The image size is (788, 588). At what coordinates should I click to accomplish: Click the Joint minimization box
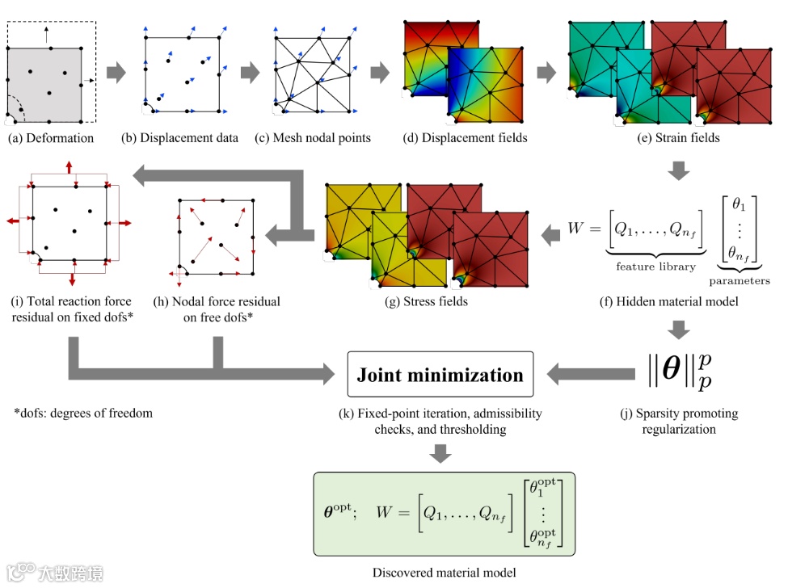click(x=440, y=374)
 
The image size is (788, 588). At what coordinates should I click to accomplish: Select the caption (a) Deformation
click(x=51, y=138)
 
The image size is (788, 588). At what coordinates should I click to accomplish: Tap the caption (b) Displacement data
click(x=180, y=138)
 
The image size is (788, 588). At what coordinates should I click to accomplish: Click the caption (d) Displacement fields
click(x=465, y=138)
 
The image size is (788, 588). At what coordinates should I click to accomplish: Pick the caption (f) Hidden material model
click(x=678, y=302)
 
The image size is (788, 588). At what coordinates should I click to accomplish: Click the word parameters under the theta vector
click(x=740, y=281)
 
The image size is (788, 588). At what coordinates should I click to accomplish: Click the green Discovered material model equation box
click(x=444, y=514)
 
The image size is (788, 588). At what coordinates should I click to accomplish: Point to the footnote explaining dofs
click(x=83, y=414)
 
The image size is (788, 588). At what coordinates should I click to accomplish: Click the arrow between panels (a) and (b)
click(x=117, y=72)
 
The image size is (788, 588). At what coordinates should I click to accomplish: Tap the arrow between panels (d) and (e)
click(x=547, y=72)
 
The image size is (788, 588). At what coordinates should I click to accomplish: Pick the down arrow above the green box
click(x=440, y=453)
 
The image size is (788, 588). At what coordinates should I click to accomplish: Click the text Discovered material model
click(x=444, y=573)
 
